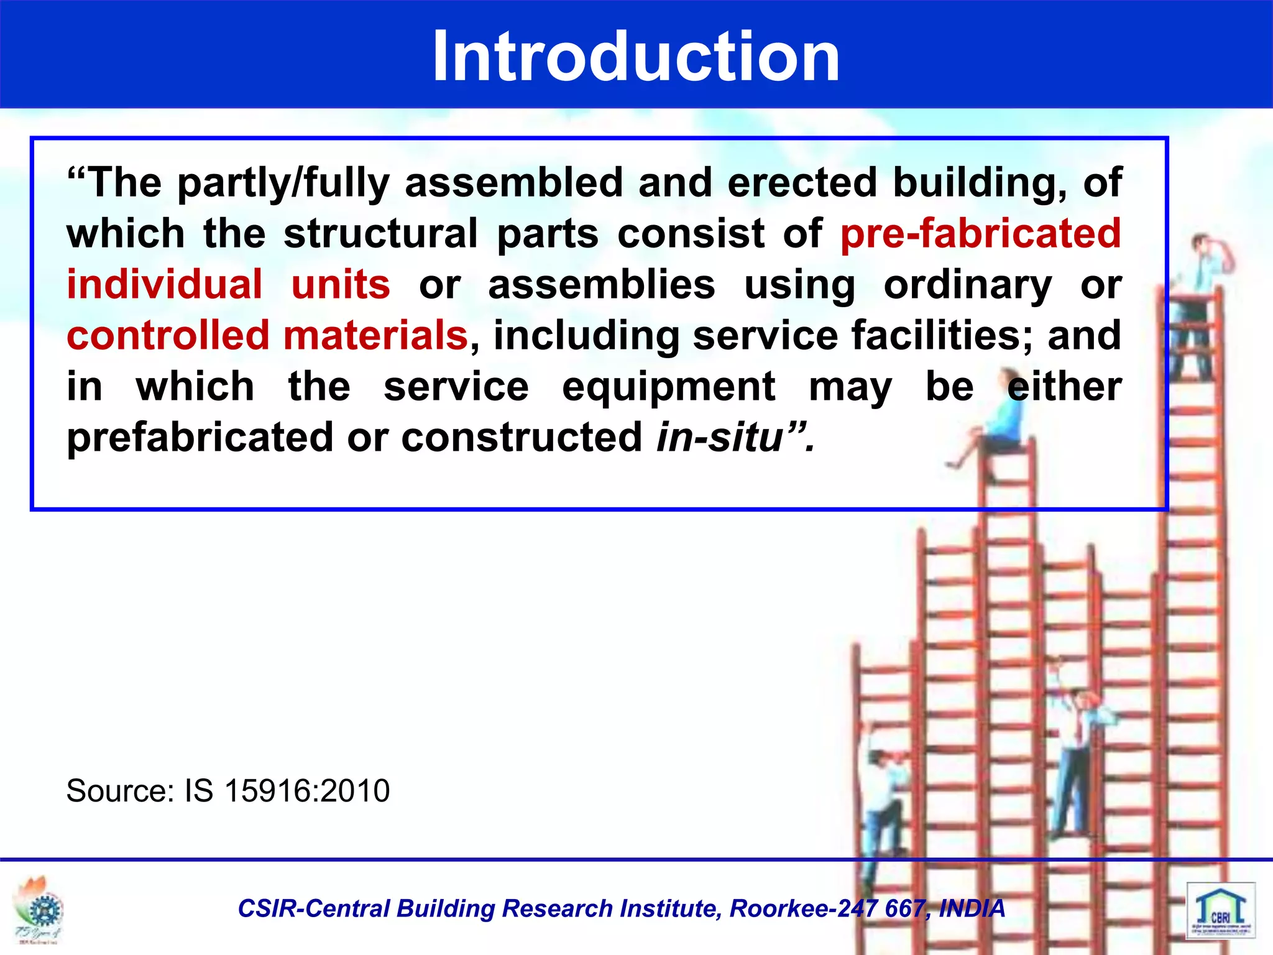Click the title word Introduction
tap(636, 57)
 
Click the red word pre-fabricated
tap(980, 234)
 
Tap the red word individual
tap(165, 285)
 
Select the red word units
tap(341, 285)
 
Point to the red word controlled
tap(168, 336)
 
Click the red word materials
tap(375, 336)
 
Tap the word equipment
tap(668, 387)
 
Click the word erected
tap(802, 183)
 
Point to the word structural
tap(380, 234)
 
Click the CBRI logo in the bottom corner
tap(1220, 911)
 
